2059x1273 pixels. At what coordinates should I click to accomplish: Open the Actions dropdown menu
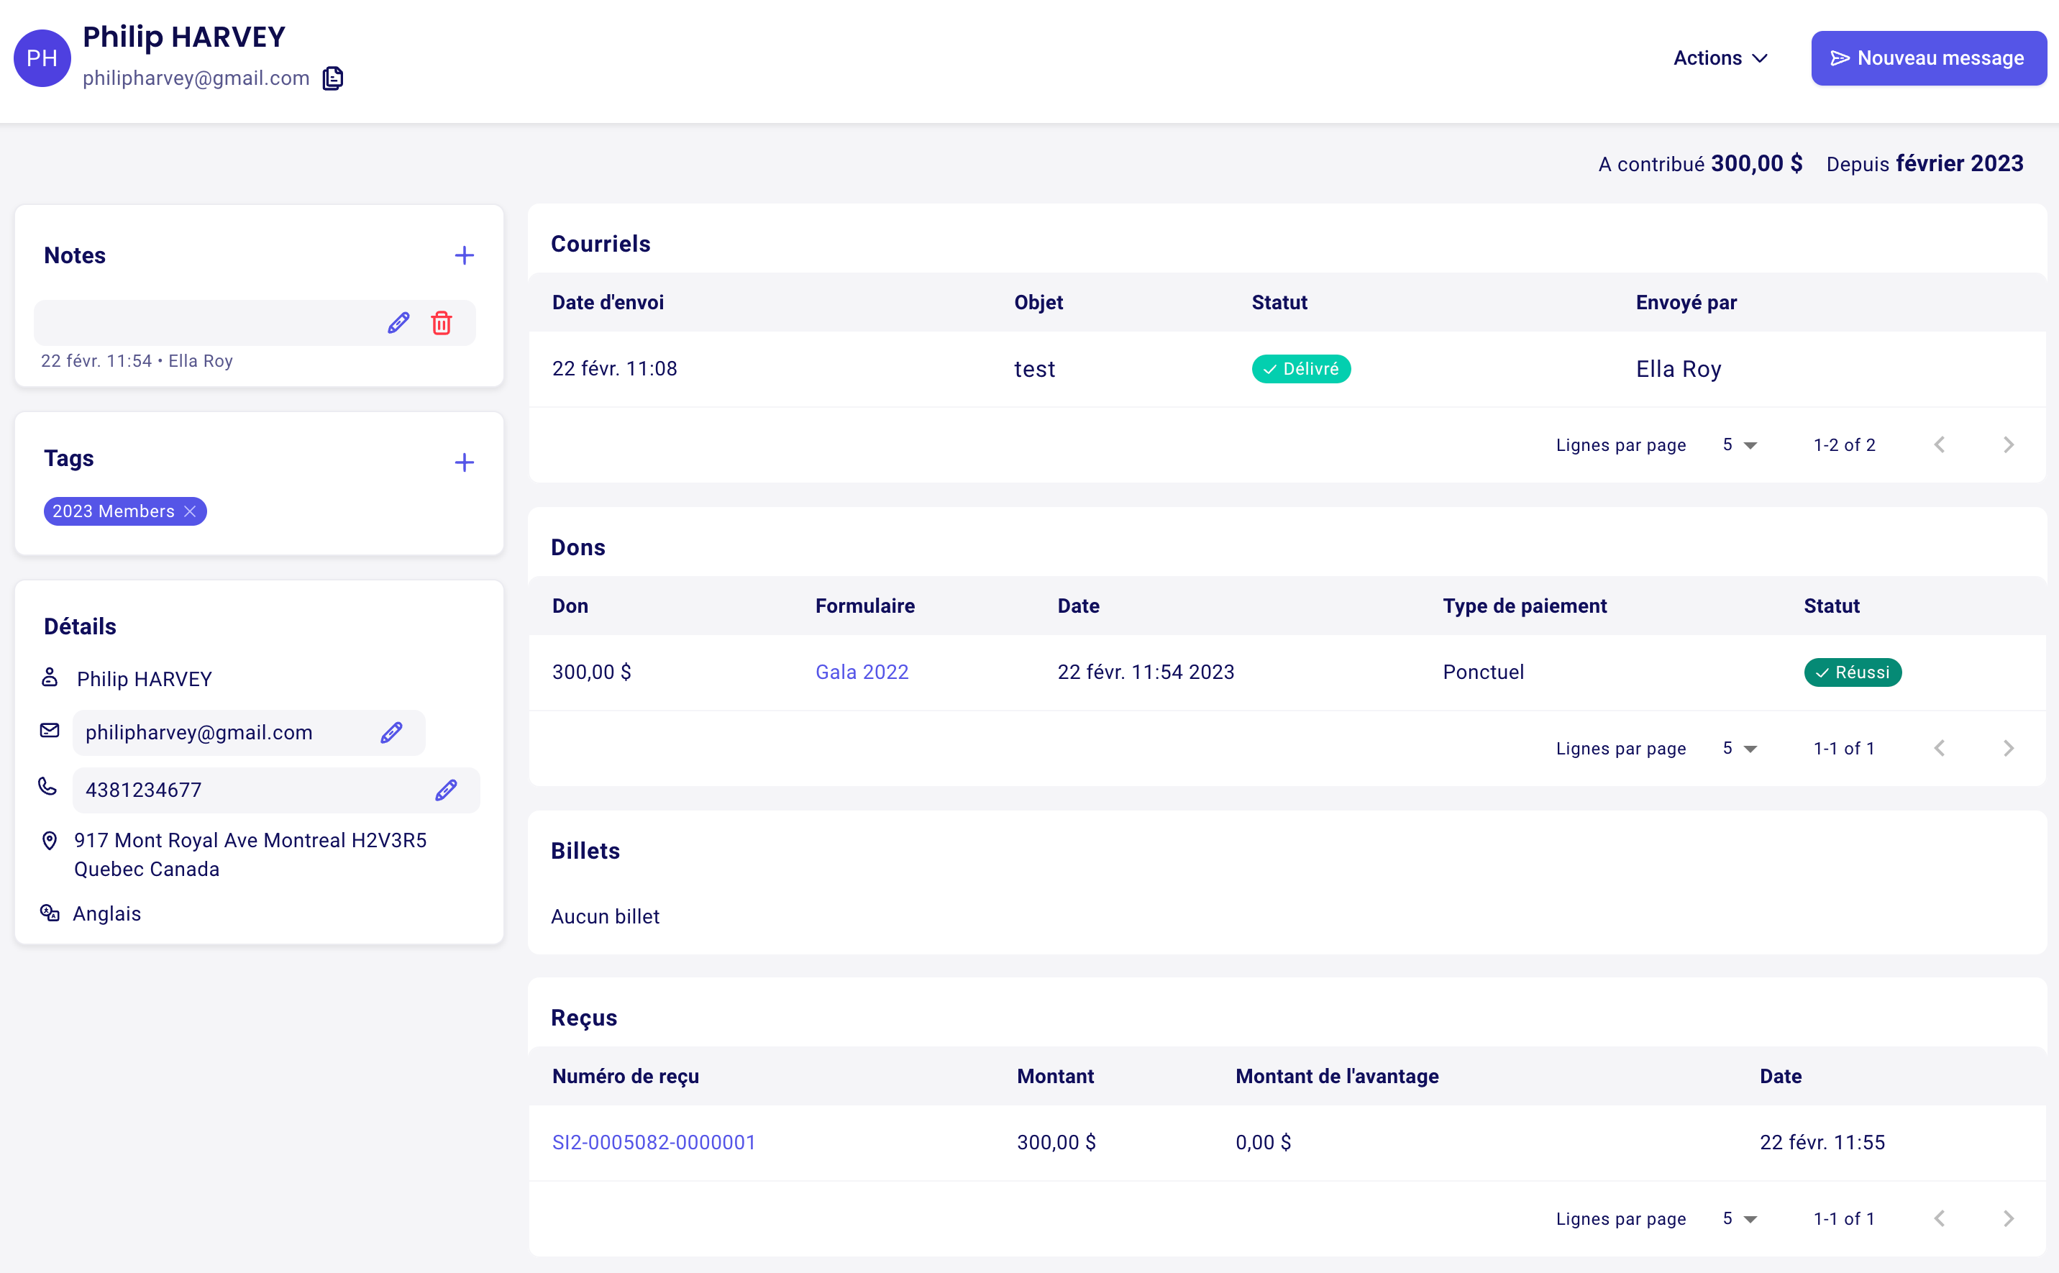tap(1720, 58)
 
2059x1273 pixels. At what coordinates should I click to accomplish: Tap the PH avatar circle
tap(42, 58)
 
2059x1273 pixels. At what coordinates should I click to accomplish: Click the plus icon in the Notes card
tap(464, 255)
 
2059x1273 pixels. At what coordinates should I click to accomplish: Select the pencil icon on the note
tap(398, 322)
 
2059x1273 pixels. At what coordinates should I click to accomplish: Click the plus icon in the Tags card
tap(464, 462)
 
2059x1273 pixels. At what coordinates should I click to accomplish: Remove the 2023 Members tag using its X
tap(191, 511)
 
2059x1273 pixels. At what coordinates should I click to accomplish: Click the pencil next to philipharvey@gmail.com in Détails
tap(391, 732)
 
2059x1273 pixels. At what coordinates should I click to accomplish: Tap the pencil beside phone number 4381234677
tap(446, 790)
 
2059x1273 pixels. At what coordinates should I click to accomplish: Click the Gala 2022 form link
tap(862, 672)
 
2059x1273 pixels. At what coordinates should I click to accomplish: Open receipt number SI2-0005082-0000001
tap(653, 1143)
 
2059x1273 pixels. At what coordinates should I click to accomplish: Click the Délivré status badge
tap(1302, 369)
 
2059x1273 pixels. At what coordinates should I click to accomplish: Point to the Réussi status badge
tap(1853, 672)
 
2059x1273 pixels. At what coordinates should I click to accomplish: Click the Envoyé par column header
tap(1686, 302)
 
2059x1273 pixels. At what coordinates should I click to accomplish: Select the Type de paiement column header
tap(1525, 606)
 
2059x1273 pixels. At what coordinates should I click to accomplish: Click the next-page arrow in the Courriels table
tap(2009, 444)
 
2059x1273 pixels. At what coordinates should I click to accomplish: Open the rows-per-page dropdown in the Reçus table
tap(1740, 1218)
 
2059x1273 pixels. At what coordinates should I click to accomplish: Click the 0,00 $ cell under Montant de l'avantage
tap(1263, 1143)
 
